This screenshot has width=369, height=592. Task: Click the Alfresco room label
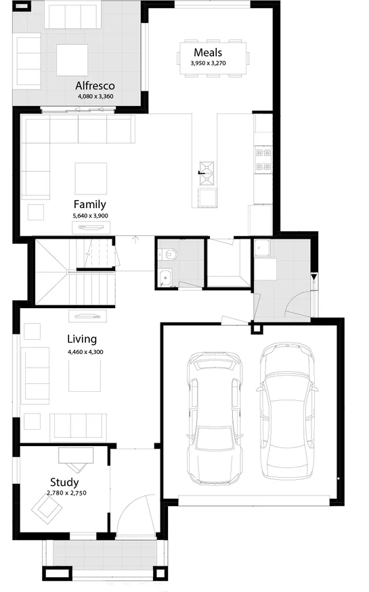click(x=95, y=86)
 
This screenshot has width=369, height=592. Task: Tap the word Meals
click(x=208, y=53)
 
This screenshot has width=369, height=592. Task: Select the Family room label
click(x=90, y=204)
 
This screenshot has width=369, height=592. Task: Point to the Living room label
click(x=82, y=339)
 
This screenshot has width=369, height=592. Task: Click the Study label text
click(x=64, y=483)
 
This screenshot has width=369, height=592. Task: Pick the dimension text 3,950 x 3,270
click(x=208, y=63)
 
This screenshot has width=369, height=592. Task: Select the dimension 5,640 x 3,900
click(x=90, y=215)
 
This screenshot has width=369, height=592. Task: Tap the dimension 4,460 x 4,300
click(x=85, y=351)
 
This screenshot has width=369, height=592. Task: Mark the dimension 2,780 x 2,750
click(x=66, y=493)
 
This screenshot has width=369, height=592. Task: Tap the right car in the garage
click(x=287, y=408)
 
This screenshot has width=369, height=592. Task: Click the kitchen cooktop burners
click(x=263, y=161)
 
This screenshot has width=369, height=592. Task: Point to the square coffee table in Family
click(x=90, y=178)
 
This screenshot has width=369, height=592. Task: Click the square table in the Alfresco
click(x=72, y=59)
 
